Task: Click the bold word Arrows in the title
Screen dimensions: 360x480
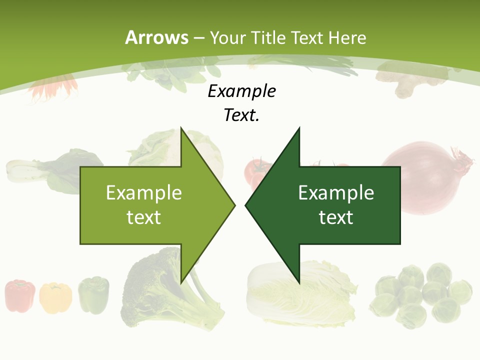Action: coord(156,37)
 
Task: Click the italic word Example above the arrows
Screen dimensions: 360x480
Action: coord(242,91)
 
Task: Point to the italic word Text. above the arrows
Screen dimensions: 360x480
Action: coord(242,115)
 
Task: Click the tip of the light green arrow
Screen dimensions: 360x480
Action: coord(233,205)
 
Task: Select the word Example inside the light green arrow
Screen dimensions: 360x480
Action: coord(144,193)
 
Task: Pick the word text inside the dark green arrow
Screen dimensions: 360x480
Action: coord(336,217)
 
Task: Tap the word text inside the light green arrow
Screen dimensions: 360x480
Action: coord(144,217)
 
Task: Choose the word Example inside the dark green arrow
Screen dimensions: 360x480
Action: coord(336,193)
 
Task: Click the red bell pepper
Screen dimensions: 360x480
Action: coord(20,296)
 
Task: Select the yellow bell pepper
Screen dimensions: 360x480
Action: coord(55,297)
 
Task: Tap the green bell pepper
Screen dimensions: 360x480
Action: coord(93,295)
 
